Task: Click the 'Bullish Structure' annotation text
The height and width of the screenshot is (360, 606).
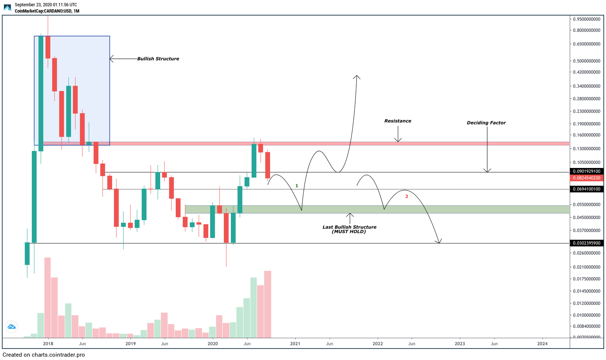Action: pos(158,59)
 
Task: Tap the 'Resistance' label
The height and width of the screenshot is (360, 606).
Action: pos(398,121)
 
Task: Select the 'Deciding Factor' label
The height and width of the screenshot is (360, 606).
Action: pos(486,123)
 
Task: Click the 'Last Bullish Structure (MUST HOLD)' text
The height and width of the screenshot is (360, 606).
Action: pos(349,229)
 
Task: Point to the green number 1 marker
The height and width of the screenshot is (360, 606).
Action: pos(297,186)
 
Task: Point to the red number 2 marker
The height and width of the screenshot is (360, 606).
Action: pos(407,196)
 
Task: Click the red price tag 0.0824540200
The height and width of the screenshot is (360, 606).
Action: pos(586,178)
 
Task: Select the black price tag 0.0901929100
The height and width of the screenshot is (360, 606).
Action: pos(586,171)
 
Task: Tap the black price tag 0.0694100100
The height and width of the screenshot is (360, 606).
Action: pos(586,189)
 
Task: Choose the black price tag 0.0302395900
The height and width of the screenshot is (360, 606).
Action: pos(586,243)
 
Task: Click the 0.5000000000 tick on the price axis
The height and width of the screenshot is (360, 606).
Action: pos(586,61)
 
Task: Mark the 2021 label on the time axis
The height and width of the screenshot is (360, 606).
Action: pos(295,344)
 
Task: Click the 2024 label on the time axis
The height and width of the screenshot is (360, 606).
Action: pos(542,344)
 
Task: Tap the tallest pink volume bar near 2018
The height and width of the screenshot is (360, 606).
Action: pos(47,296)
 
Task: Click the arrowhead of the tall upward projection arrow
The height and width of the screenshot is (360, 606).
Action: pos(357,77)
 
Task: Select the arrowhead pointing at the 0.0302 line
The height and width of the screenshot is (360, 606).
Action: pos(439,242)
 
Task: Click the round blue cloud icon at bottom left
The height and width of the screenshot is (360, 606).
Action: pos(11,327)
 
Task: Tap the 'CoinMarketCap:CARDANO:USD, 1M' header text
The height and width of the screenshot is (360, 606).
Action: pos(47,11)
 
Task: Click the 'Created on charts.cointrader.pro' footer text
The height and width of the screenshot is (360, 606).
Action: pos(44,355)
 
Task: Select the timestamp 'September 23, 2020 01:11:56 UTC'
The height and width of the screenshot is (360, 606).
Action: pos(46,5)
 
